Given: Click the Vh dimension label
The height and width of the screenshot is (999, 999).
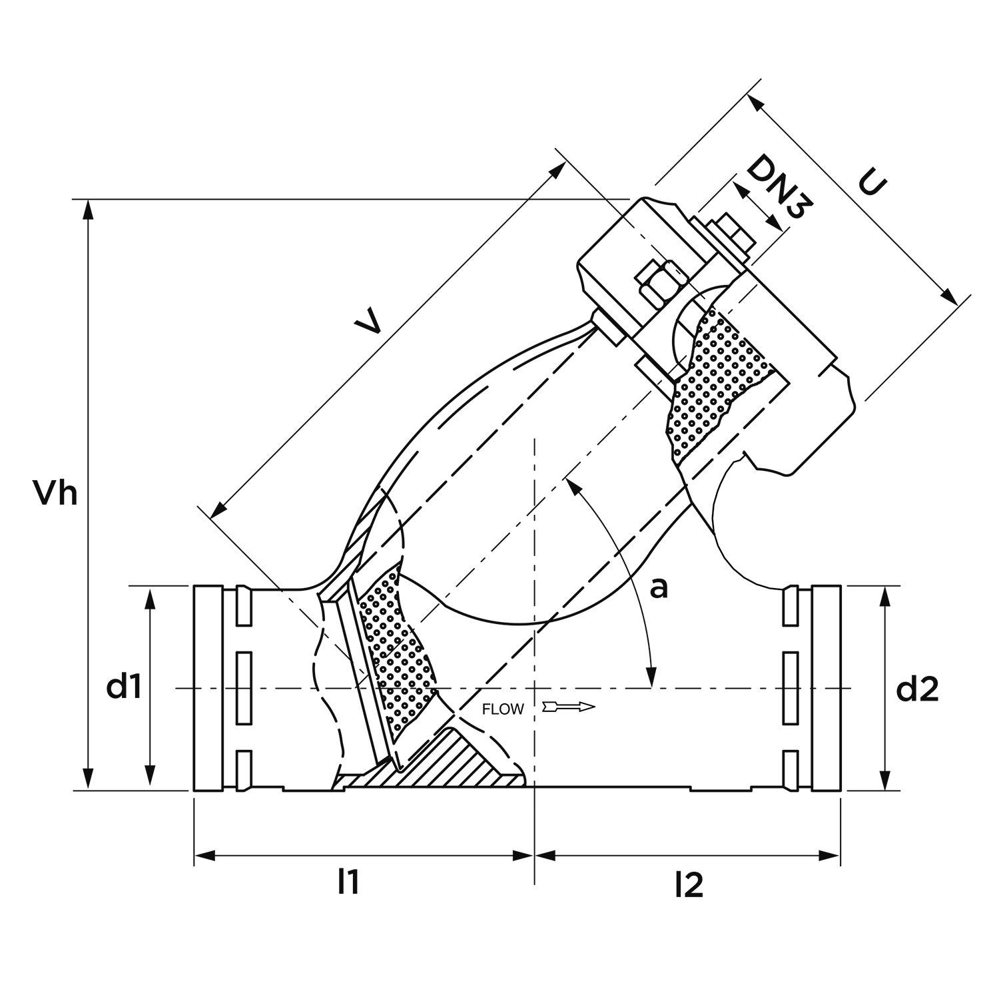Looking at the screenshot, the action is point(56,494).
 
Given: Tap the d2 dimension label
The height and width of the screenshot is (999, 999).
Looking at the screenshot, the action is point(917,690).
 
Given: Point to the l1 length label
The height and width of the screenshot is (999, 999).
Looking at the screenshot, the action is point(348,882).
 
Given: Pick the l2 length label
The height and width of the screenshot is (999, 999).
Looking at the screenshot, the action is point(689,884).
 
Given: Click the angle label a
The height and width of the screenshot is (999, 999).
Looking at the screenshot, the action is point(658,588).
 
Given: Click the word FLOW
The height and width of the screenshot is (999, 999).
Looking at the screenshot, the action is point(503,709).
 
